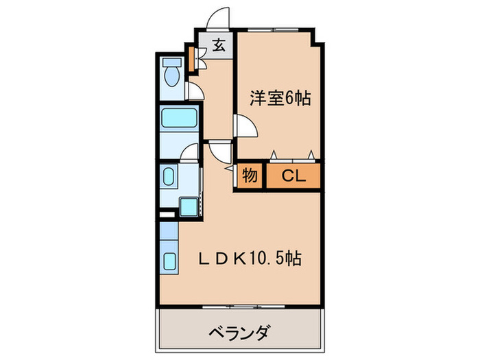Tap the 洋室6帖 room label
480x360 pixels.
[x=280, y=98]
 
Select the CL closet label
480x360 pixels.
[x=293, y=176]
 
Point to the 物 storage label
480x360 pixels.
[x=250, y=176]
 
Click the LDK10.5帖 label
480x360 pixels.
[x=249, y=259]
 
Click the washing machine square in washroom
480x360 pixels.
[x=187, y=206]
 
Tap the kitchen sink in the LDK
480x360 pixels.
[x=169, y=262]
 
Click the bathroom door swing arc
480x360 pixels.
[x=191, y=153]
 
